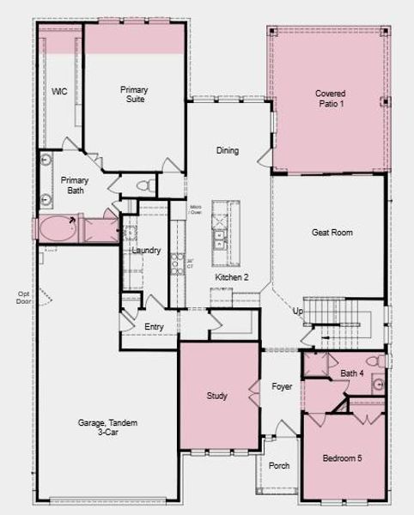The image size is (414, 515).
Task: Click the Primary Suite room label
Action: (133, 94)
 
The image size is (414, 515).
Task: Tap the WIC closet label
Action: (59, 92)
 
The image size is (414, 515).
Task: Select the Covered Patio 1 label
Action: (329, 98)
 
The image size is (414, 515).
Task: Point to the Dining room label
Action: (228, 151)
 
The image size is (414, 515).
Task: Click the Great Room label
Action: (332, 233)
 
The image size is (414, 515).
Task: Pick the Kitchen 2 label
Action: (232, 277)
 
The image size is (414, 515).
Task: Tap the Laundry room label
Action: (147, 251)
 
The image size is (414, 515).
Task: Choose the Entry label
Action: (155, 326)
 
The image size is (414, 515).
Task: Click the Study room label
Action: (217, 396)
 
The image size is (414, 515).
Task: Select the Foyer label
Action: (282, 387)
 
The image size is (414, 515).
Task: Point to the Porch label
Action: (279, 466)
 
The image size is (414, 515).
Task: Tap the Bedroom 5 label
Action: (342, 458)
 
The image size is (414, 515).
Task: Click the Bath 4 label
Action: (352, 373)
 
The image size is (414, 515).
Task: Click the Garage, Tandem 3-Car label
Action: (107, 428)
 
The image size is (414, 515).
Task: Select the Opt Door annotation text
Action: (24, 297)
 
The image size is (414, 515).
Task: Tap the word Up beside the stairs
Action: (298, 311)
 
